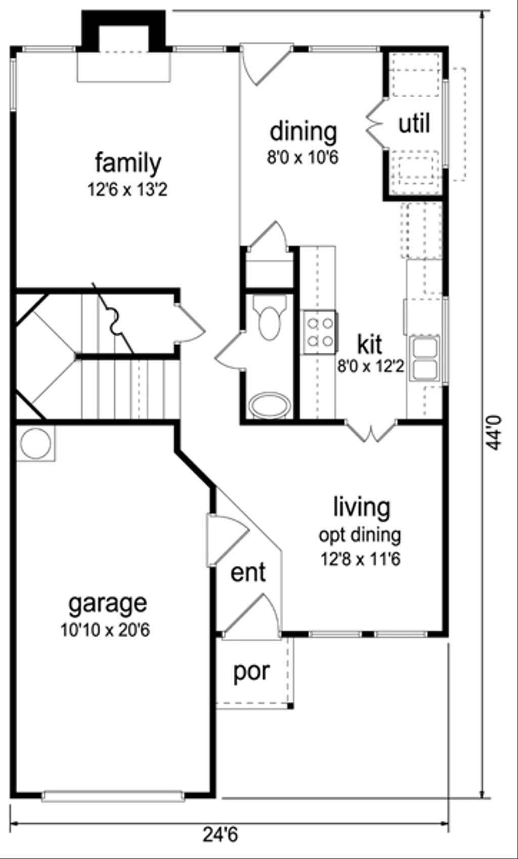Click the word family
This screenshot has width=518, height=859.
[128, 163]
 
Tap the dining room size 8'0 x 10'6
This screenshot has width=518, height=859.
[303, 158]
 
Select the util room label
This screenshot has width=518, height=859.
[414, 124]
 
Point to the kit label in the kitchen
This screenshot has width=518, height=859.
[370, 345]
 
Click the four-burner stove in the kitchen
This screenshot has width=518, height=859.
[320, 332]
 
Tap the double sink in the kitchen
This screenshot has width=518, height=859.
[425, 358]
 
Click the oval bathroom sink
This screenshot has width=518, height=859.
[270, 405]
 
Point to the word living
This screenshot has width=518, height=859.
[362, 507]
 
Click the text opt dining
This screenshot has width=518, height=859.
[360, 535]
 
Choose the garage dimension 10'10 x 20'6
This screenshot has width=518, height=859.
[105, 631]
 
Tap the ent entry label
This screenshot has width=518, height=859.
[248, 573]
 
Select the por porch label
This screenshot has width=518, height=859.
[251, 672]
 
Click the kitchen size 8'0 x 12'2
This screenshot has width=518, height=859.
[371, 365]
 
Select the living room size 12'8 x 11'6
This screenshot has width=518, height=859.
[360, 559]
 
